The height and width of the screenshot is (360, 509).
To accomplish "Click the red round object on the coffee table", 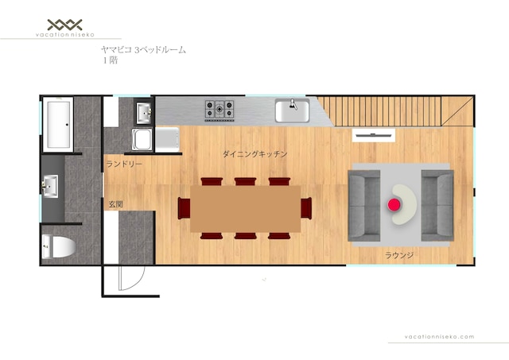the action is coord(394,205).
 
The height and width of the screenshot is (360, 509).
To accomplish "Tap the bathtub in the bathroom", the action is coord(58,124).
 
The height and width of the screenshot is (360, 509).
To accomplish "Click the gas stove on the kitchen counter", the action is coord(220,110).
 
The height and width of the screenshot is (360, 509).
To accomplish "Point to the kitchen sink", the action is coord(292,110).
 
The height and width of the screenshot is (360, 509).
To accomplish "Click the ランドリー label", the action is coord(124,165).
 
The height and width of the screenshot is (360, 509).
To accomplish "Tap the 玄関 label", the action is coord(115,204).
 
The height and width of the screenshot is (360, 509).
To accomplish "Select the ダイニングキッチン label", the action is coord(254,153).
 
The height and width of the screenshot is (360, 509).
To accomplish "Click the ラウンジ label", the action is coord(399,255).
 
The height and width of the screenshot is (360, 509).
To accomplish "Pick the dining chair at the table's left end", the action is coord(184,208).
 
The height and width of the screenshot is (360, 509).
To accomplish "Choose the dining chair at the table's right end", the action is coord(306,208).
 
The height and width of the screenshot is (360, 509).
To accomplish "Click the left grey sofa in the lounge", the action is coord(364,205).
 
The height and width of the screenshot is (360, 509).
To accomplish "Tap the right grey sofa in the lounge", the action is coord(437,205).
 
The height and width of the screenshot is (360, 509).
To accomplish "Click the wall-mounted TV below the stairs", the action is coord(374,135).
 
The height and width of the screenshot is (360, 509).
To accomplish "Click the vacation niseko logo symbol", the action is coord(65,25).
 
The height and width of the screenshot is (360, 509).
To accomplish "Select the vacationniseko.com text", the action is coord(439,337).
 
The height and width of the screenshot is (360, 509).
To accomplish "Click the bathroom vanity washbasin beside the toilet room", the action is coord(50,186).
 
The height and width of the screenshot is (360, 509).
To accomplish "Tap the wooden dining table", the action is coord(246,209).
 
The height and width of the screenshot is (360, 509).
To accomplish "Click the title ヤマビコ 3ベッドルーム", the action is coord(143,49).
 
